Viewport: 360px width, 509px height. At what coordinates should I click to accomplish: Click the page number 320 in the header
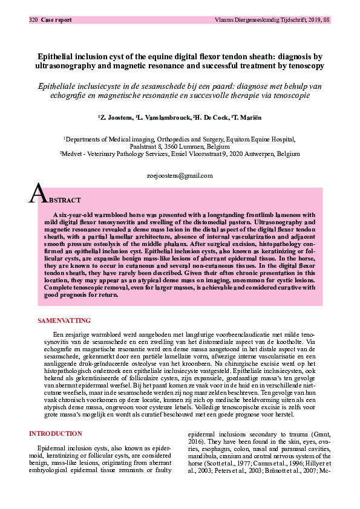[x=33, y=20]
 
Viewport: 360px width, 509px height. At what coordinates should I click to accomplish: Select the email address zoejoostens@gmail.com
[x=180, y=176]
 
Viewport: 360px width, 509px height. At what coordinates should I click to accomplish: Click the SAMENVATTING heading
[x=64, y=320]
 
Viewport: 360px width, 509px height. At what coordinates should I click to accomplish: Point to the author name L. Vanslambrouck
[x=184, y=117]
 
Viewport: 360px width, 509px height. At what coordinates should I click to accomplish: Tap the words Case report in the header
[x=56, y=20]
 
